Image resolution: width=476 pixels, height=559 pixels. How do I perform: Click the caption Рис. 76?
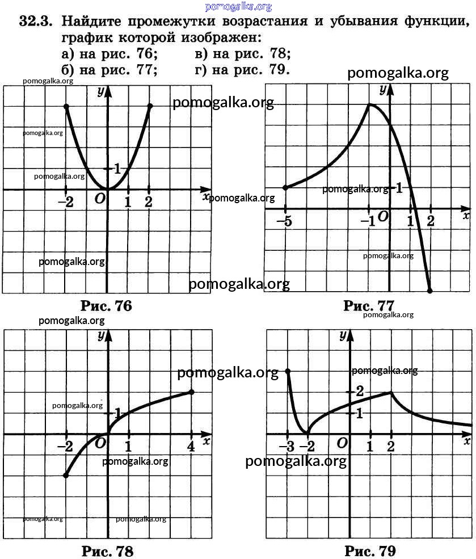[x=107, y=306]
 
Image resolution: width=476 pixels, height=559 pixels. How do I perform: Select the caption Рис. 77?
[x=369, y=306]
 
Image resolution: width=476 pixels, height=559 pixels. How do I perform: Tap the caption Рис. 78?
[x=108, y=550]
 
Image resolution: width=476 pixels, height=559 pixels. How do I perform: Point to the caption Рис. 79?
[x=370, y=550]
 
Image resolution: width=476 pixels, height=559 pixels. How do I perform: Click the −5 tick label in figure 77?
[x=285, y=221]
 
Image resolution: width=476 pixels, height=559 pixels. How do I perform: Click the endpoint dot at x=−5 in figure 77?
[x=285, y=187]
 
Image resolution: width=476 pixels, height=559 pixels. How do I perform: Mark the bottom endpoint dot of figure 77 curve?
[x=429, y=291]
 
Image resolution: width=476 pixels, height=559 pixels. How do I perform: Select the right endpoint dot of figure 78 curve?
[x=191, y=392]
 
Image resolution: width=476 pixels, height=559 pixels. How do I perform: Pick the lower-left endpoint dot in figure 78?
[x=66, y=475]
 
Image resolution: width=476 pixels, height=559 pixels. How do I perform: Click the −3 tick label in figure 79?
[x=286, y=446]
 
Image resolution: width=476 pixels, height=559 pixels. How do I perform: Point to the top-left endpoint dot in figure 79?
[x=288, y=371]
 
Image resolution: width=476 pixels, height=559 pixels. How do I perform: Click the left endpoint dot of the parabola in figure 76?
[x=66, y=107]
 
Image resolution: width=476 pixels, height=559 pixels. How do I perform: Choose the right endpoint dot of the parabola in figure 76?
[x=150, y=106]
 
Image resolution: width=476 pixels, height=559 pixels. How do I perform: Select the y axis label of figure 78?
[x=101, y=335]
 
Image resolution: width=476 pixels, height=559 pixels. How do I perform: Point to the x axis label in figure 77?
[x=466, y=216]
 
